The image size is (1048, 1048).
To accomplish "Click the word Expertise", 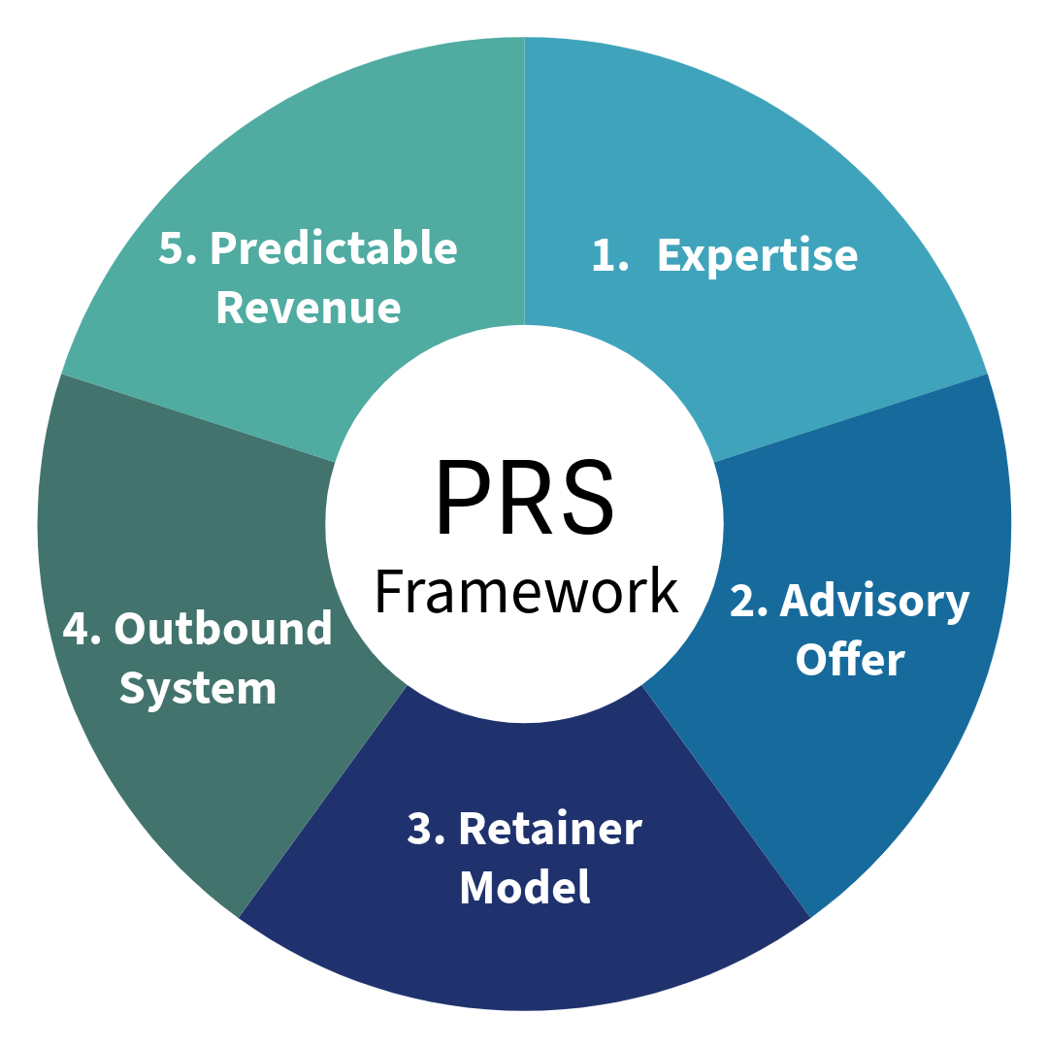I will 757,256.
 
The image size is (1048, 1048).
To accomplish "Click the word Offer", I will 850,661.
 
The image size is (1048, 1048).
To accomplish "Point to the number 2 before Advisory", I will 748,603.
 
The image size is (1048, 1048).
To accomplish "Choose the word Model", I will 524,887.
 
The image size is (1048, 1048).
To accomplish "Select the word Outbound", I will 223,630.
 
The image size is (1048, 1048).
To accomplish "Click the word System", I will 198,688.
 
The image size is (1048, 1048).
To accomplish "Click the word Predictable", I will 334,249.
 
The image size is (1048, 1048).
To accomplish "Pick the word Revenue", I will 308,307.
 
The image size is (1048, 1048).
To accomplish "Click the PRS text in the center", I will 524,496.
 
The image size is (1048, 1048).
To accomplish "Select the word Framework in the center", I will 525,591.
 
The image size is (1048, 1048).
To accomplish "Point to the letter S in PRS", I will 588,496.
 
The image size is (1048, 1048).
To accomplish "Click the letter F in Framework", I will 387,591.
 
